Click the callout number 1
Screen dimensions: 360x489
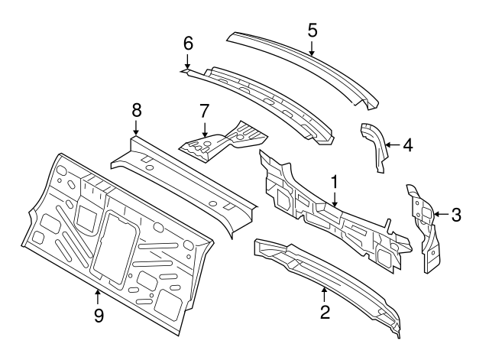[334, 181]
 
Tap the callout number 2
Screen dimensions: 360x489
[325, 311]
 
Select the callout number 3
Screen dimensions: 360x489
[455, 215]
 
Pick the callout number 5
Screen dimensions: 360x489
[313, 30]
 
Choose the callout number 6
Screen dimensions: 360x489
[188, 43]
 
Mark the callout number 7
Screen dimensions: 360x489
[204, 110]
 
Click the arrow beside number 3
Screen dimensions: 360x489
[438, 215]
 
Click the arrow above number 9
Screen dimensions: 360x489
[98, 294]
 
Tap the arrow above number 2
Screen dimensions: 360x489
[325, 292]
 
